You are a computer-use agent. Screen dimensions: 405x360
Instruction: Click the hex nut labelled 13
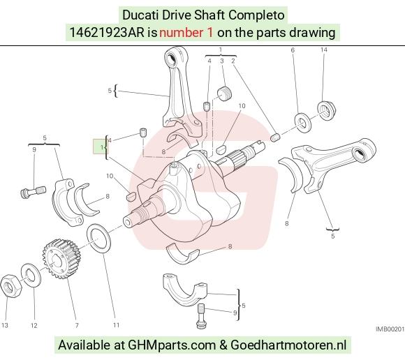click(11, 286)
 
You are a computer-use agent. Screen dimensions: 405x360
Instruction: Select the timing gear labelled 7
click(60, 259)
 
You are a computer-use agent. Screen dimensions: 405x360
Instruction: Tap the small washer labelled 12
click(31, 276)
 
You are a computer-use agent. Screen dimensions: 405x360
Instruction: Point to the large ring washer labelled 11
click(98, 239)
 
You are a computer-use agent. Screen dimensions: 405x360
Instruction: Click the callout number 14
click(324, 50)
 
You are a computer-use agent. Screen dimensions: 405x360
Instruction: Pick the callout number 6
click(293, 50)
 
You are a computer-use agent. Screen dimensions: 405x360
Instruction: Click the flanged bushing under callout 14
click(326, 111)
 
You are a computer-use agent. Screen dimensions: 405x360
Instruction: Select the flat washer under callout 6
click(303, 122)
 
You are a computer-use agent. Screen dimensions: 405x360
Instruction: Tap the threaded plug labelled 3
click(224, 93)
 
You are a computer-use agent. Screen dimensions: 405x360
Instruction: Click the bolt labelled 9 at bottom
click(201, 316)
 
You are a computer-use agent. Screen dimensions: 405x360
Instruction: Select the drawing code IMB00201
click(390, 329)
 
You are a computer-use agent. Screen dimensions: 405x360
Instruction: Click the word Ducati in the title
click(140, 15)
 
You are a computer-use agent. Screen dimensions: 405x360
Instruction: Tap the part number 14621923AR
click(107, 33)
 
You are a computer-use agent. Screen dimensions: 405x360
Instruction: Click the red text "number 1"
click(186, 33)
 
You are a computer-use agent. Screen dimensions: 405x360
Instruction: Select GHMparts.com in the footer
click(172, 345)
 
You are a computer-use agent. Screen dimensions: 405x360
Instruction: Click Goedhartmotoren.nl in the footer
click(288, 345)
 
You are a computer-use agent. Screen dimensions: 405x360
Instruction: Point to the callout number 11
click(116, 325)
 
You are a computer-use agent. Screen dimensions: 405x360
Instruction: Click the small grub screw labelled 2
click(275, 137)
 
